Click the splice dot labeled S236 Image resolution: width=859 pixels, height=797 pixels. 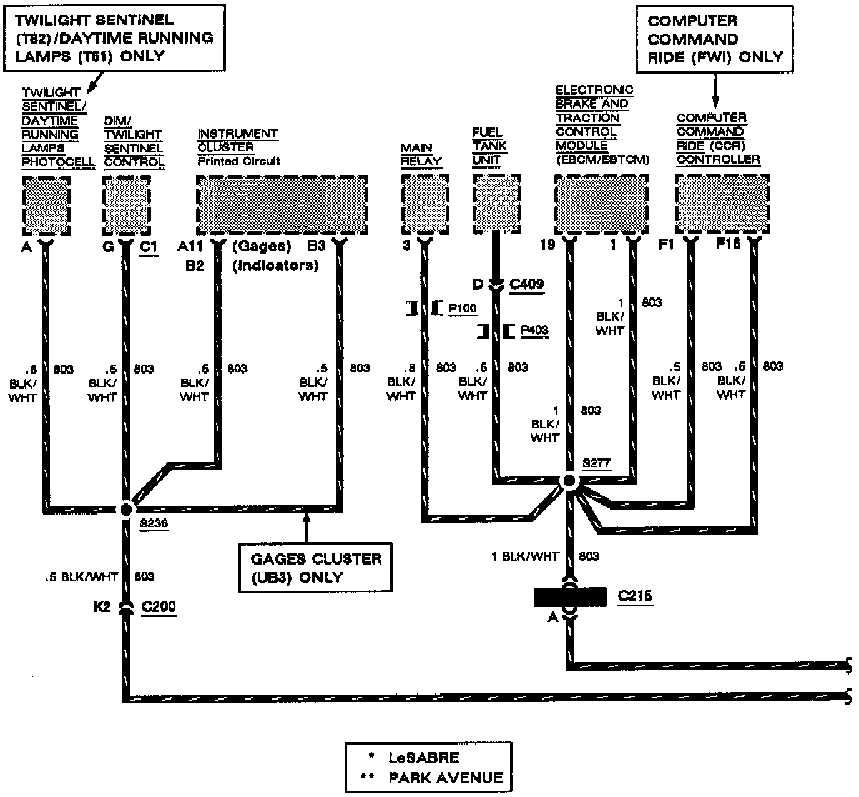pyautogui.click(x=126, y=508)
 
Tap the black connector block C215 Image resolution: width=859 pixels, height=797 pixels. pyautogui.click(x=570, y=597)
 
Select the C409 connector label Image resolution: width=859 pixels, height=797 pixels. pyautogui.click(x=526, y=284)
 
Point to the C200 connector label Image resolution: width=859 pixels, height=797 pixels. pyautogui.click(x=159, y=606)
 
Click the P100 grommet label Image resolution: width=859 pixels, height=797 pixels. pyautogui.click(x=463, y=308)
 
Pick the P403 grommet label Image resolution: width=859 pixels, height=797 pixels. pyautogui.click(x=534, y=330)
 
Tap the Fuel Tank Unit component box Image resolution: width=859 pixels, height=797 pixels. pyautogui.click(x=497, y=202)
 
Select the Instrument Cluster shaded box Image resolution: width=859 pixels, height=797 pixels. pyautogui.click(x=282, y=205)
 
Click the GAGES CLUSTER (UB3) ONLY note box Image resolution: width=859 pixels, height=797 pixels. pyautogui.click(x=315, y=567)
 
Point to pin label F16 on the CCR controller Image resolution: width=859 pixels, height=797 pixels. pyautogui.click(x=728, y=244)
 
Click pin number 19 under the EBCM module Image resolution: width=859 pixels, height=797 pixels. pyautogui.click(x=547, y=244)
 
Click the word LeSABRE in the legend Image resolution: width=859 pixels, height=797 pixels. pyautogui.click(x=423, y=758)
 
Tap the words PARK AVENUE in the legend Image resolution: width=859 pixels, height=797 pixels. pyautogui.click(x=445, y=778)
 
